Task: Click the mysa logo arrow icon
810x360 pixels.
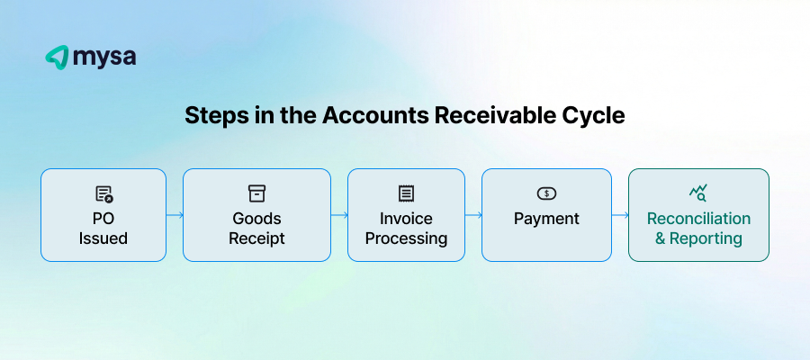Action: pyautogui.click(x=57, y=57)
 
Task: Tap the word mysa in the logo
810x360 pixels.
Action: pyautogui.click(x=105, y=57)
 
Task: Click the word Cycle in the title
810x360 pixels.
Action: pyautogui.click(x=595, y=116)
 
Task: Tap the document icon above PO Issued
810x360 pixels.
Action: pyautogui.click(x=103, y=193)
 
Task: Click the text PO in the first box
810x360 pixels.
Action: pyautogui.click(x=103, y=219)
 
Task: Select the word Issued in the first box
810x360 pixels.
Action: pyautogui.click(x=103, y=238)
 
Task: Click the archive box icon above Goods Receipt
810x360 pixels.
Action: pyautogui.click(x=256, y=193)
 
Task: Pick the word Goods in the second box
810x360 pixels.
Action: pyautogui.click(x=256, y=219)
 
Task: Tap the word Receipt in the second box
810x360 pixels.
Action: pyautogui.click(x=256, y=238)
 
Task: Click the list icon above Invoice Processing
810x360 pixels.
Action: pyautogui.click(x=406, y=193)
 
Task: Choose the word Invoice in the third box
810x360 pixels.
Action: pyautogui.click(x=406, y=219)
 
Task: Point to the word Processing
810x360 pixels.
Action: pyautogui.click(x=406, y=238)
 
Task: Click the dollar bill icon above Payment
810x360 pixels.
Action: pyautogui.click(x=546, y=193)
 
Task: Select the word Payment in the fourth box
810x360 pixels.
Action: pyautogui.click(x=546, y=219)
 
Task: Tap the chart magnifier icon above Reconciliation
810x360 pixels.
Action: pyautogui.click(x=698, y=193)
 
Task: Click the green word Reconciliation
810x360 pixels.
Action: pyautogui.click(x=698, y=219)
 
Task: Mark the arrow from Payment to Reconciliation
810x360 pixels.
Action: pyautogui.click(x=619, y=215)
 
